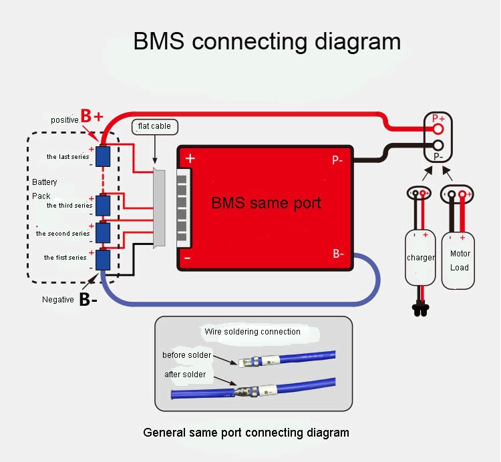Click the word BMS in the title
click(159, 41)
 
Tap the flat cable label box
click(154, 126)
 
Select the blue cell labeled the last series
click(103, 156)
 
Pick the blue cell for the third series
click(103, 205)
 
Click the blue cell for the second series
click(103, 232)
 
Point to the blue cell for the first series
click(103, 260)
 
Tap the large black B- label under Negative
click(88, 300)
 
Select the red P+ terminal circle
click(438, 128)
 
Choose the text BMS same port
click(267, 202)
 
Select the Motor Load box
click(460, 260)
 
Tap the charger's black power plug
click(420, 308)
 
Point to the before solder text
click(186, 355)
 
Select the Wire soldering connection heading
click(252, 331)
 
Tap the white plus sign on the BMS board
click(190, 159)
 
